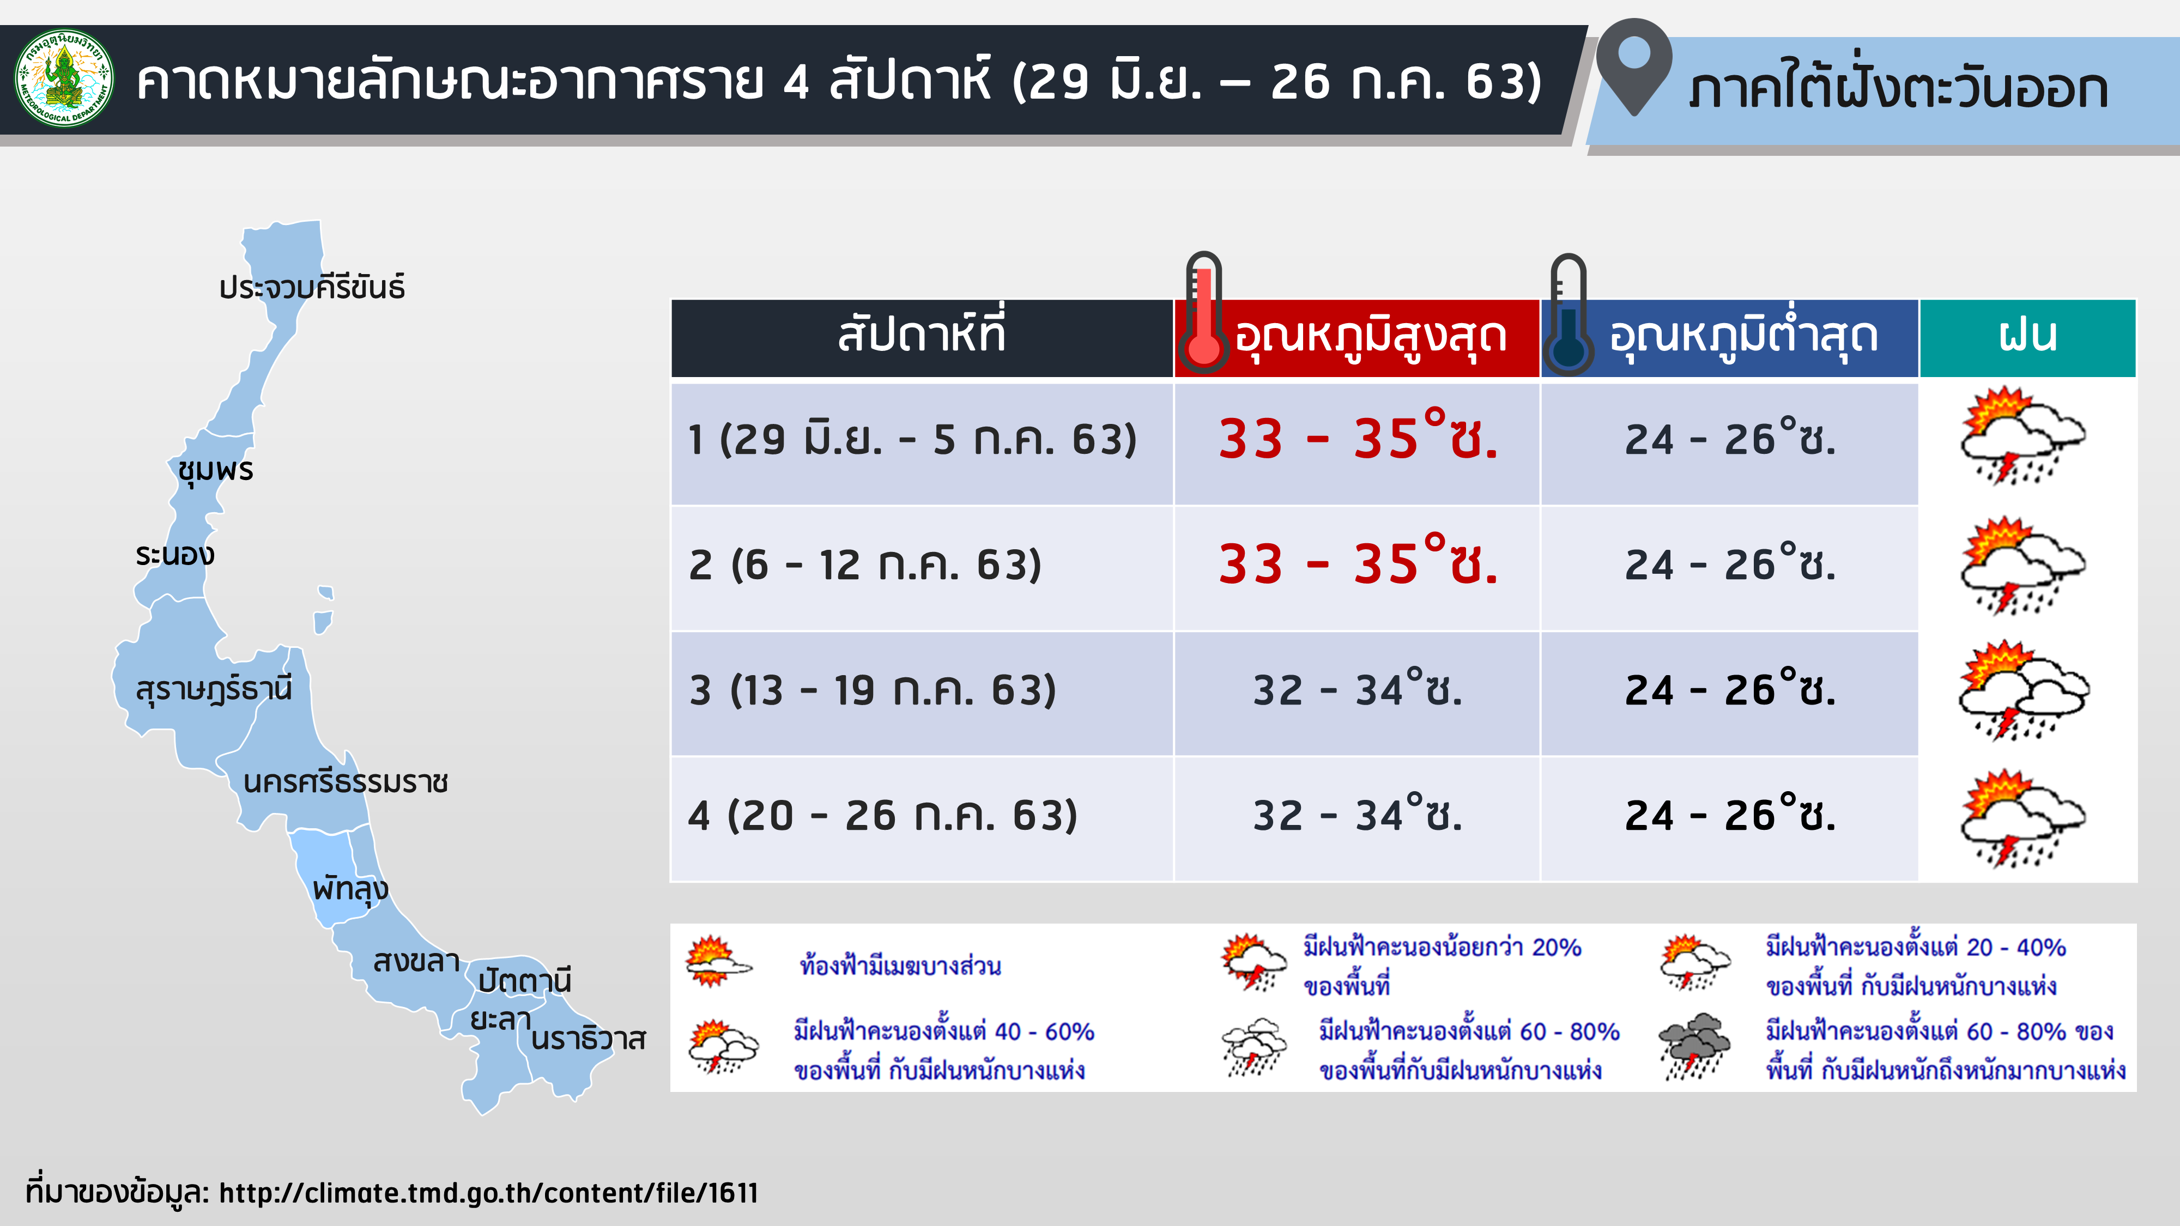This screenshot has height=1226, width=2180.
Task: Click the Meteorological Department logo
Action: (x=64, y=78)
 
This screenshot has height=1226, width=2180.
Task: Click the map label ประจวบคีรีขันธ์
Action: (x=311, y=288)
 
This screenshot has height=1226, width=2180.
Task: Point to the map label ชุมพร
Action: (x=216, y=470)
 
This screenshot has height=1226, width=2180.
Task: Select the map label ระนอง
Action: (x=175, y=555)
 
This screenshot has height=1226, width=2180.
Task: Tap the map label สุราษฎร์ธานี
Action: (x=214, y=689)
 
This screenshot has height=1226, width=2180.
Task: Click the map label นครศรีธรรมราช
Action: (x=346, y=782)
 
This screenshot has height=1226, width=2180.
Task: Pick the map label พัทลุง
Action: (x=350, y=888)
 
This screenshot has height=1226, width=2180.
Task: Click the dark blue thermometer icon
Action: (x=1568, y=314)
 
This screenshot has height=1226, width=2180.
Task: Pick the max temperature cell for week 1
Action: (x=1358, y=440)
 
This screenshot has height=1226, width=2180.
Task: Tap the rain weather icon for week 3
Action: (x=2024, y=690)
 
